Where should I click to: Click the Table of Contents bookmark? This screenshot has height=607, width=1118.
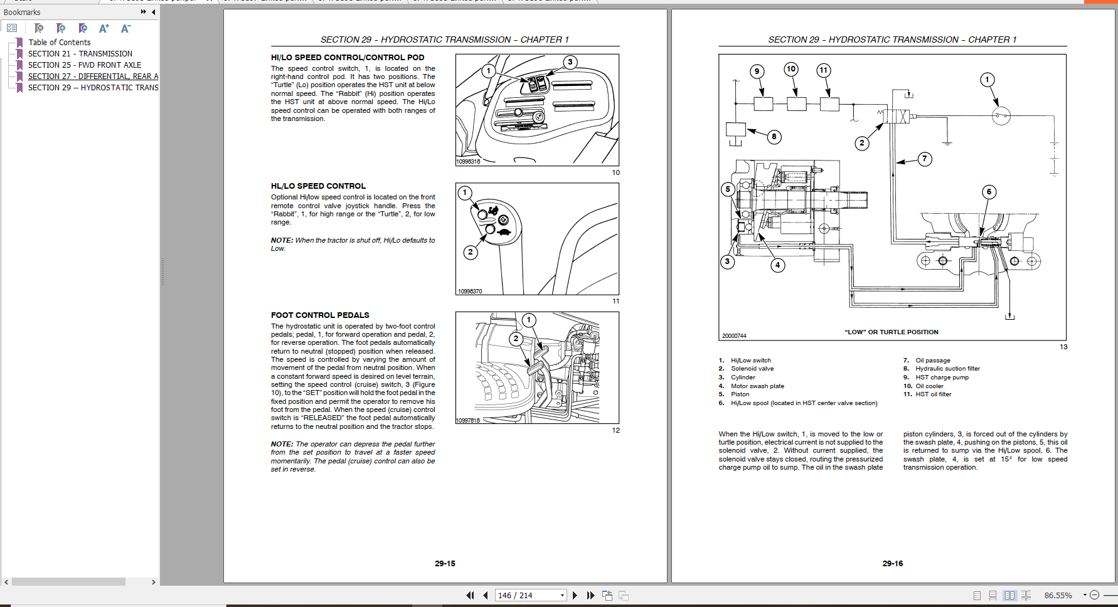point(59,43)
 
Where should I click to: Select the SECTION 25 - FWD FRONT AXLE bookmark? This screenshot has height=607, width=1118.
point(84,65)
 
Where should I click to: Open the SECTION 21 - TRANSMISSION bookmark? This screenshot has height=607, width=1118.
point(80,54)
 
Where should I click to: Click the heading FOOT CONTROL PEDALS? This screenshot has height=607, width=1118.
point(320,315)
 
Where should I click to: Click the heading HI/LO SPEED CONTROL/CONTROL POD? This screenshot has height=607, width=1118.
point(348,58)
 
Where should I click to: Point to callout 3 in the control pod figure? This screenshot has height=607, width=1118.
point(570,62)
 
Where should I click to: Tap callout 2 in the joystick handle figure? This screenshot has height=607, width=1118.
point(470,252)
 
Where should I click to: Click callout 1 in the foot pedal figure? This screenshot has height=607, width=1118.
point(528,320)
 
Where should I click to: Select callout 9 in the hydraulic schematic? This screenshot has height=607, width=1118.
point(757,71)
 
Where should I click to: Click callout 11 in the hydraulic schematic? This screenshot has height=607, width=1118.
point(823,70)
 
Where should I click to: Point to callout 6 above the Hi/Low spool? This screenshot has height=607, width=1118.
point(989,192)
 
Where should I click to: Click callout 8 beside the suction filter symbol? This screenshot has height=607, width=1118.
point(774,137)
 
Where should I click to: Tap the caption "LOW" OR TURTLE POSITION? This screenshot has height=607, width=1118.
point(892,332)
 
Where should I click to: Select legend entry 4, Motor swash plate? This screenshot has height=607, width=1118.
point(757,386)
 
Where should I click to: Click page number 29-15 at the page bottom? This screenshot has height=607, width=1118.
point(445,564)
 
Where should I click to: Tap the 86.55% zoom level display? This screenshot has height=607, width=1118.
point(1058,595)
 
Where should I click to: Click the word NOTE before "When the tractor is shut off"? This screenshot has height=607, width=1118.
point(282,241)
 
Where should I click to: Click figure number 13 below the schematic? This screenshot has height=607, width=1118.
point(1063,347)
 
